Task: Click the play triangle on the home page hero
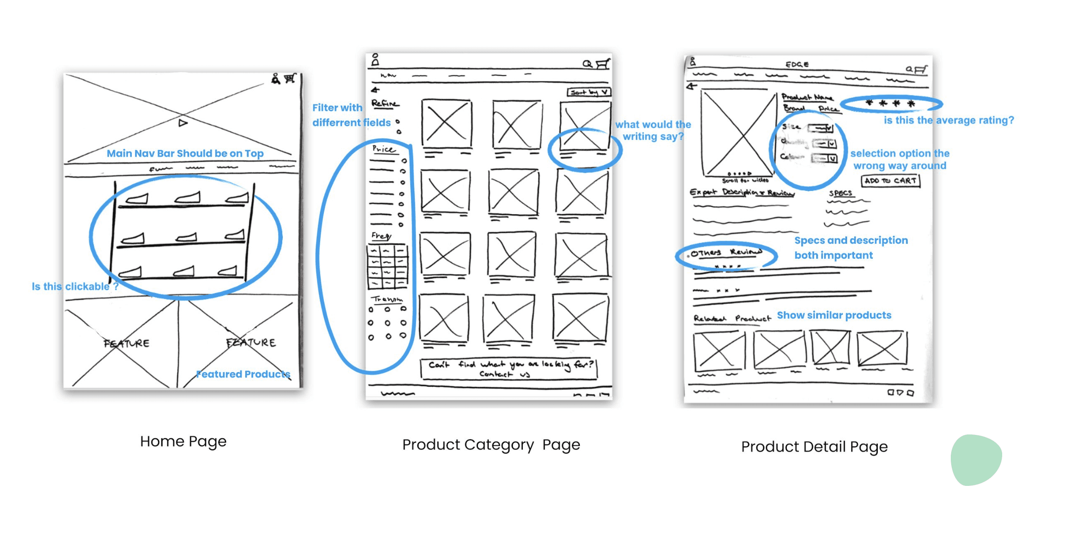pyautogui.click(x=183, y=123)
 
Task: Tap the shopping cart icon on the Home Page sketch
pyautogui.click(x=290, y=79)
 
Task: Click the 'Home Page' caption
pyautogui.click(x=183, y=441)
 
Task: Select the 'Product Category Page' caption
pyautogui.click(x=491, y=445)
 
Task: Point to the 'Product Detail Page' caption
pyautogui.click(x=814, y=447)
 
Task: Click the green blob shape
pyautogui.click(x=976, y=460)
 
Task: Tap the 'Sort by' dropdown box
pyautogui.click(x=589, y=92)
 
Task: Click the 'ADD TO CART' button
pyautogui.click(x=890, y=181)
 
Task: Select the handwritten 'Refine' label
pyautogui.click(x=385, y=103)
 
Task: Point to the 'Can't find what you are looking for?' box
pyautogui.click(x=509, y=369)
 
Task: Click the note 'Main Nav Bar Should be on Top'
pyautogui.click(x=185, y=153)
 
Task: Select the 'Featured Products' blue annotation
pyautogui.click(x=243, y=374)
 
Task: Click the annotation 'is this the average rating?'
pyautogui.click(x=948, y=120)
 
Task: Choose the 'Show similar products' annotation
pyautogui.click(x=834, y=315)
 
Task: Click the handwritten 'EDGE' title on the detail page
pyautogui.click(x=797, y=65)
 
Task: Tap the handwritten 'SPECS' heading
pyautogui.click(x=840, y=193)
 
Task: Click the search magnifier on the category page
pyautogui.click(x=587, y=64)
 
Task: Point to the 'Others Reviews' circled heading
pyautogui.click(x=726, y=253)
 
